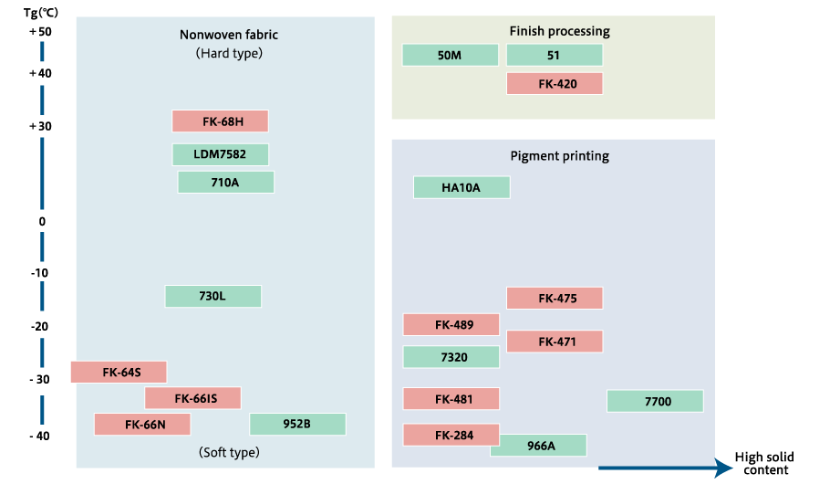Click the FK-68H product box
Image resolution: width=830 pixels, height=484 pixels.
point(220,121)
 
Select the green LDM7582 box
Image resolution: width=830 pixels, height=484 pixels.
point(220,154)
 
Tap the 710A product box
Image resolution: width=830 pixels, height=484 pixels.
point(226,183)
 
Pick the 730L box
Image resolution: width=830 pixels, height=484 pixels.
point(213,297)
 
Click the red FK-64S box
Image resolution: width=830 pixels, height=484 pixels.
point(119,373)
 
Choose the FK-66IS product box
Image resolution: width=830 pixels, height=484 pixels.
point(192,398)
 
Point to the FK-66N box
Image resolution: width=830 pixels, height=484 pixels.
point(142,425)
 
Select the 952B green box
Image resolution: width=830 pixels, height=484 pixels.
point(297,424)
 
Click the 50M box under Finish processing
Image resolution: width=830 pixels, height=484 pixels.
point(451,55)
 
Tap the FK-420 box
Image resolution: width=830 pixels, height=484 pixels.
point(555,84)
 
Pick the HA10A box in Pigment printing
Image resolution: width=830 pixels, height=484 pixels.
point(462,187)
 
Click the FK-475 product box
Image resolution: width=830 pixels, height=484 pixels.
point(555,298)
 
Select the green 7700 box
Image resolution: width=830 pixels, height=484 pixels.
point(655,401)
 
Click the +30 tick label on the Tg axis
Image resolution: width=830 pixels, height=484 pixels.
point(40,126)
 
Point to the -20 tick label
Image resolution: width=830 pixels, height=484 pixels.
point(40,327)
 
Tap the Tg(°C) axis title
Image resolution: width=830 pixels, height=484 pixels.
point(41,12)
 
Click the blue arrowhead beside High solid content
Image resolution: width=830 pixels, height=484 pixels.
point(723,468)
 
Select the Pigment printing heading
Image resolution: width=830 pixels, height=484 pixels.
point(559,156)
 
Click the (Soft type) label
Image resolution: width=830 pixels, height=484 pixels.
point(229,452)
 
